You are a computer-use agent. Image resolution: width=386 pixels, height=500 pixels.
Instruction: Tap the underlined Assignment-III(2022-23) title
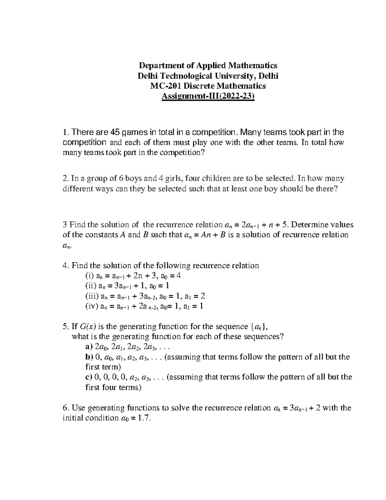pos(208,96)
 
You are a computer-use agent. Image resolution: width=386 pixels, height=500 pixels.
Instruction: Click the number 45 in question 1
pos(115,132)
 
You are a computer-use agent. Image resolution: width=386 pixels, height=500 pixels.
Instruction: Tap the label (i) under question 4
pos(90,276)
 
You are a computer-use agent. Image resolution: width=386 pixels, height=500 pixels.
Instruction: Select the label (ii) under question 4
pos(91,286)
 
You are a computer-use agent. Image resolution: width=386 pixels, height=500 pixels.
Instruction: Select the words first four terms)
pos(113,387)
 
